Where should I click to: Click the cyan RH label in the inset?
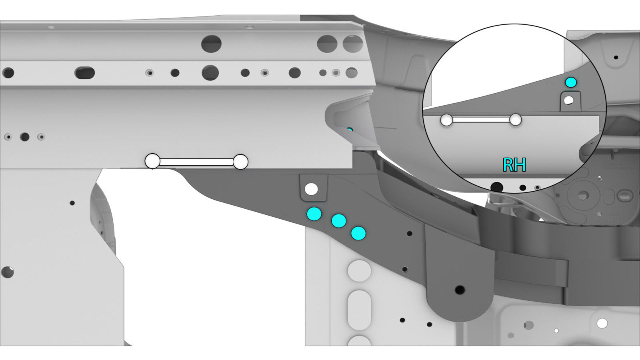click(x=514, y=165)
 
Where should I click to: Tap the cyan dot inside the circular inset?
click(x=571, y=82)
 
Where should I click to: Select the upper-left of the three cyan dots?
click(x=314, y=214)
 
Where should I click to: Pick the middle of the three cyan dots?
click(x=339, y=220)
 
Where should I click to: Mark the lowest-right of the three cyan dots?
click(x=358, y=234)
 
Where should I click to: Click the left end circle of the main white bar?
click(x=152, y=161)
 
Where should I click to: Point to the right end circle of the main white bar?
click(x=240, y=162)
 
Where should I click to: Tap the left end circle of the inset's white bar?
click(x=446, y=120)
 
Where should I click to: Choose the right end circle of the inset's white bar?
click(x=516, y=120)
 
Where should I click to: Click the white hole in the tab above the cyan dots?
click(x=311, y=189)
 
